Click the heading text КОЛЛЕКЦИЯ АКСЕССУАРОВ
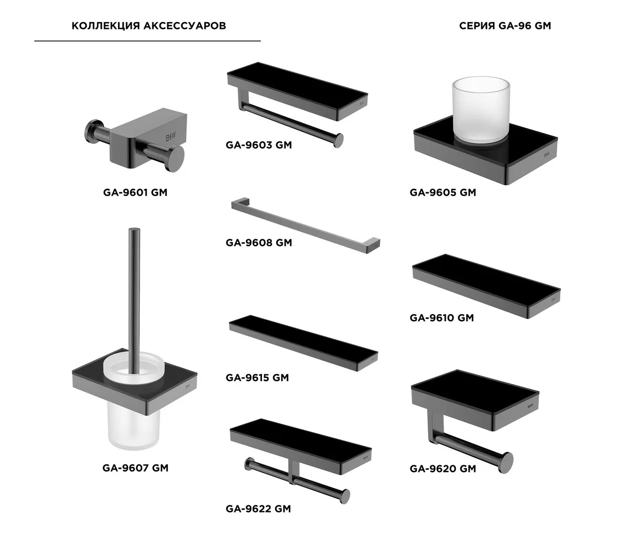click(x=148, y=26)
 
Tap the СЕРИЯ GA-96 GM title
click(x=505, y=26)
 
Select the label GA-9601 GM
click(x=135, y=192)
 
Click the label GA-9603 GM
click(x=259, y=145)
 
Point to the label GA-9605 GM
click(x=442, y=192)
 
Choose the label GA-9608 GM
click(x=259, y=243)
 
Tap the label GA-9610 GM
click(x=442, y=318)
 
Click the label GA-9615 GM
click(x=257, y=377)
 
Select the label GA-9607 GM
click(x=135, y=468)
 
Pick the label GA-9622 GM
click(x=258, y=509)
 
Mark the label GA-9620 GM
click(x=442, y=469)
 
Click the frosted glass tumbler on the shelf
click(x=481, y=109)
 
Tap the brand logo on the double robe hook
click(x=171, y=137)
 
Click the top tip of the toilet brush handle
click(x=135, y=229)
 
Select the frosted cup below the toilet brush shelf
click(x=133, y=426)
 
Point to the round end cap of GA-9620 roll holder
click(x=507, y=463)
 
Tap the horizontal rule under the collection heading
click(x=147, y=40)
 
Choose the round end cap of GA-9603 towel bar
click(x=338, y=141)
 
